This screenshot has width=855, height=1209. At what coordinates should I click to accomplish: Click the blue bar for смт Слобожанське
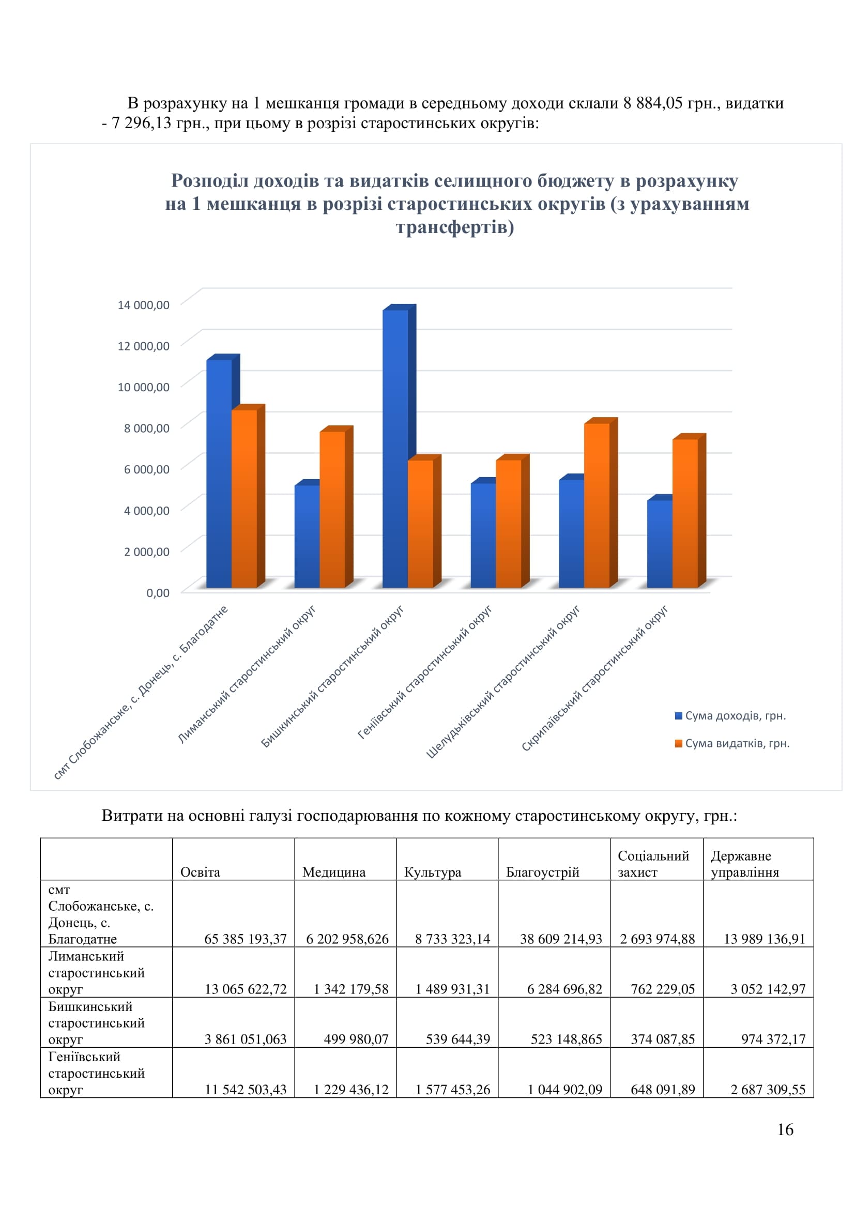223,471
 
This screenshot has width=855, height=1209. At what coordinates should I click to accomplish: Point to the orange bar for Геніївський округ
512,521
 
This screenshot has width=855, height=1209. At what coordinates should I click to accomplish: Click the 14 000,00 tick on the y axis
143,305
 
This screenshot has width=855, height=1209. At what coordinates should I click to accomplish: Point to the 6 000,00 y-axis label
146,469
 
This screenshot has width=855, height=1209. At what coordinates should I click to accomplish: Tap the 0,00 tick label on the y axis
158,593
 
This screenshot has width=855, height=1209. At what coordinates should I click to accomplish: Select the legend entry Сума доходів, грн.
731,715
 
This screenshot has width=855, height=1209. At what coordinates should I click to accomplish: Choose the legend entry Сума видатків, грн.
732,743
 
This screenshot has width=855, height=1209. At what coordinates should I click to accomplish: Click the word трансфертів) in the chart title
455,227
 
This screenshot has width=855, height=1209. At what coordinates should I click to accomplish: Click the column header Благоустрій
542,872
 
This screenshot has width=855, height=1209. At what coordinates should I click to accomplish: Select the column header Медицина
334,872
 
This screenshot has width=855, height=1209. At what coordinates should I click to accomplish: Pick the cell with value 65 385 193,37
246,939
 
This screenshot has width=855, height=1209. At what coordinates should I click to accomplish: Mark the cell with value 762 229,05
663,989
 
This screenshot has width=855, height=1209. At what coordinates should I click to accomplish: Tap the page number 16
785,1129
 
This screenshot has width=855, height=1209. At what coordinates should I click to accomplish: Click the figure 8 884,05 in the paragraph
653,103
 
